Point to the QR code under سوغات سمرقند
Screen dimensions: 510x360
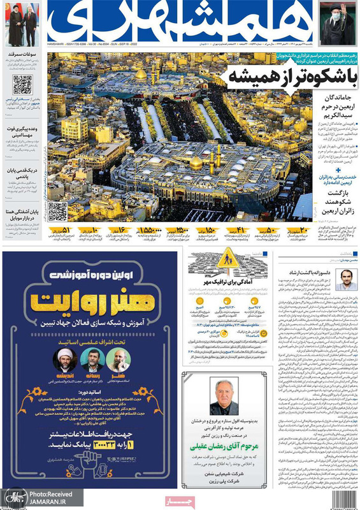tap(22, 84)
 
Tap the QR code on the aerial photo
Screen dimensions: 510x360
tap(57, 211)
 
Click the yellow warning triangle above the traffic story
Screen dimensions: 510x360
tap(227, 259)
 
